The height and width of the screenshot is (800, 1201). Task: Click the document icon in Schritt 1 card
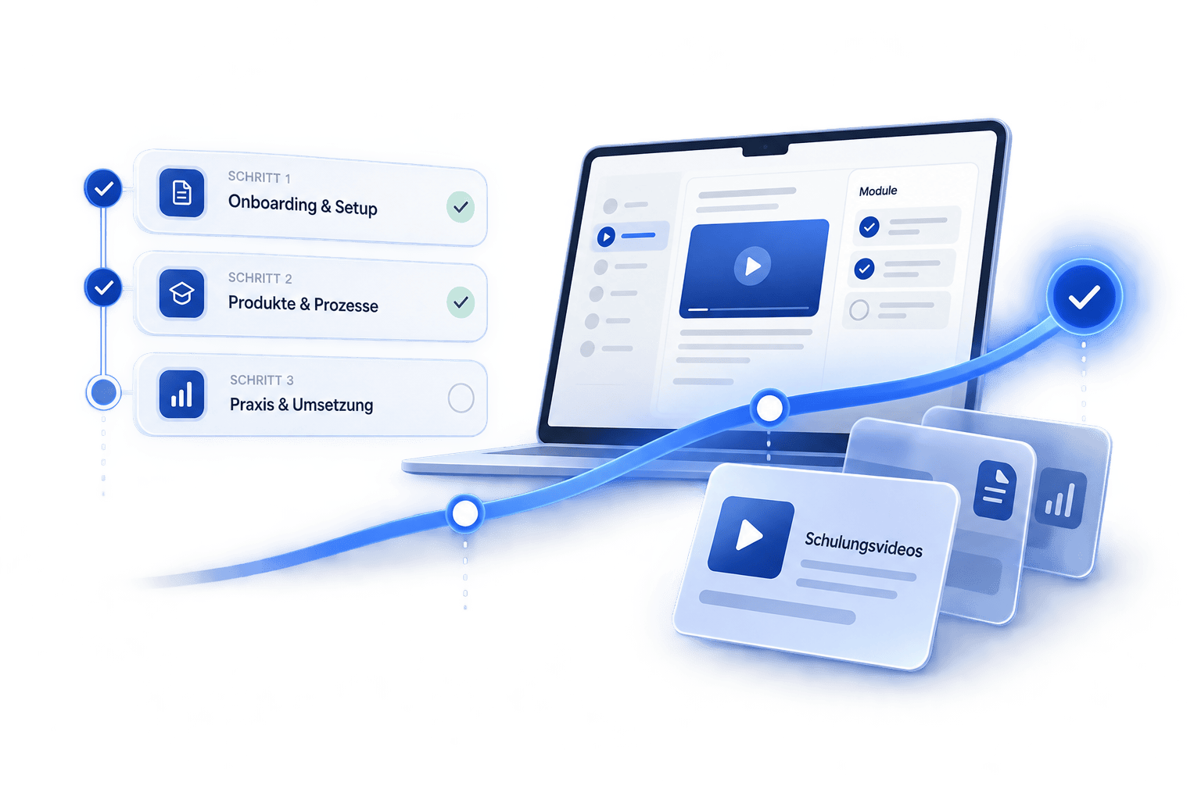[x=181, y=192]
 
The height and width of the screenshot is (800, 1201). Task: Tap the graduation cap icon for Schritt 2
[x=181, y=294]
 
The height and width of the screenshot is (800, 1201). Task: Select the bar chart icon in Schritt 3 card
[x=181, y=395]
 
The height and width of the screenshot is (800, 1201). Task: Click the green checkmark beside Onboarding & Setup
[x=461, y=207]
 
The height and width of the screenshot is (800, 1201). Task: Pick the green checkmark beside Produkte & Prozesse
[x=461, y=303]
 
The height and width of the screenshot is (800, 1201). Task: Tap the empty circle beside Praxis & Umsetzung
[x=461, y=398]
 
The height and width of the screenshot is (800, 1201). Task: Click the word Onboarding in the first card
[x=272, y=204]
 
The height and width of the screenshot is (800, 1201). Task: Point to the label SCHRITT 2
[x=260, y=277]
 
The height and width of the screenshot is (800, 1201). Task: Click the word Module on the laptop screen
[x=878, y=191]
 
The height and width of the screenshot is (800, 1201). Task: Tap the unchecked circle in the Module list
[x=859, y=309]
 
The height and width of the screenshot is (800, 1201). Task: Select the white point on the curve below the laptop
[x=769, y=409]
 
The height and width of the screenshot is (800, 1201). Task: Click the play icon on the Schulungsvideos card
[x=751, y=537]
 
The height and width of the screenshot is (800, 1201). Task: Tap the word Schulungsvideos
[x=863, y=545]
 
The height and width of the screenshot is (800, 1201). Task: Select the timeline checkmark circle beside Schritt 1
[x=103, y=188]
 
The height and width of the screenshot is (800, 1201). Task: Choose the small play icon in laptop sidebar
[x=607, y=236]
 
